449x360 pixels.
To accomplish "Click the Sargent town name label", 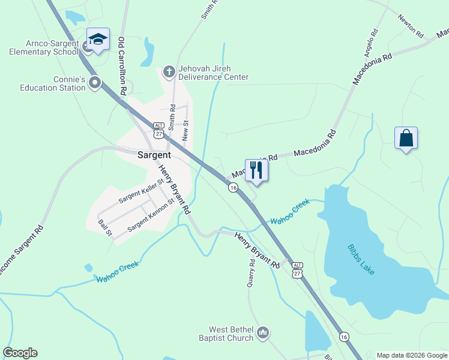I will coord(154,154).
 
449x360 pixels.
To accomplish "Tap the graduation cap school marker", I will coord(98,40).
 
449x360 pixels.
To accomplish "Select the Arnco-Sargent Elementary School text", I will coord(44,47).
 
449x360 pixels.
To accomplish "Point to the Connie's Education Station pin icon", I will coord(94,82).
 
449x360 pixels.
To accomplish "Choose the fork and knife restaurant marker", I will coord(257,170).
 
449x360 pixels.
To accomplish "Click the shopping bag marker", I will coord(406,138).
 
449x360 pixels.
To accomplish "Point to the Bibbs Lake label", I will coord(361,259).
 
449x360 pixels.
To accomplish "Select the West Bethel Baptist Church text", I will coord(226,334).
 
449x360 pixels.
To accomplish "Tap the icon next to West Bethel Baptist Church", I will coord(262,332).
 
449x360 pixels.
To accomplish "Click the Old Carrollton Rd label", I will coord(122,66).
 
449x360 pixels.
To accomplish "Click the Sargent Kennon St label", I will coord(150,212).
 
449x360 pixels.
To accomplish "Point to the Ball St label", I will coord(105,228).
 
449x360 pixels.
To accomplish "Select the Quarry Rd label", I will coord(252,273).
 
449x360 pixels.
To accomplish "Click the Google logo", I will coord(20,353).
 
